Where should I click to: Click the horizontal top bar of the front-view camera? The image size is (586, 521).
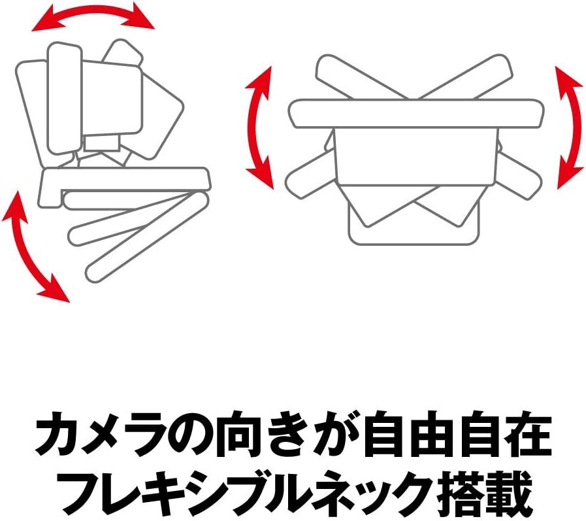416,113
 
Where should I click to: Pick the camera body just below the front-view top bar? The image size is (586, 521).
416,154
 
